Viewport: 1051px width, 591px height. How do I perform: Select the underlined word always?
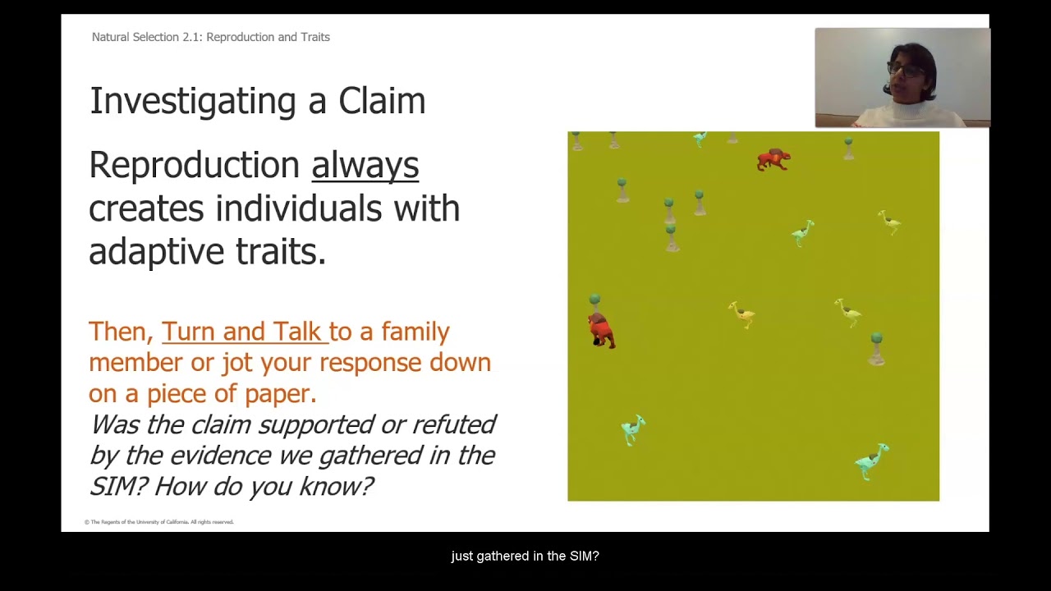tap(365, 165)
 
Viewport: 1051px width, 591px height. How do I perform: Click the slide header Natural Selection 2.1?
tap(210, 37)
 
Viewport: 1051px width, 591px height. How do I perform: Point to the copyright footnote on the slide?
tap(159, 522)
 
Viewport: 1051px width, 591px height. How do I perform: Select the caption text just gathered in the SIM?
tap(525, 557)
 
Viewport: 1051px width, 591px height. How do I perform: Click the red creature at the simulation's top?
tap(773, 159)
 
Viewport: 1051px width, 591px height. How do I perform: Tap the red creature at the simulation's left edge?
tap(601, 330)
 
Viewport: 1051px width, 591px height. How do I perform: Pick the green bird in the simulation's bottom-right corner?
tap(871, 461)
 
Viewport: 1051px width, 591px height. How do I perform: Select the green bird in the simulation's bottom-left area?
tap(632, 428)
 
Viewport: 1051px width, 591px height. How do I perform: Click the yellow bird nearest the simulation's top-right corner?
tap(890, 222)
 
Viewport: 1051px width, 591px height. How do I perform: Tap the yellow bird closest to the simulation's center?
tap(741, 314)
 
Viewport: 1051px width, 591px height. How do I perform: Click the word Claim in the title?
tap(382, 102)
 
